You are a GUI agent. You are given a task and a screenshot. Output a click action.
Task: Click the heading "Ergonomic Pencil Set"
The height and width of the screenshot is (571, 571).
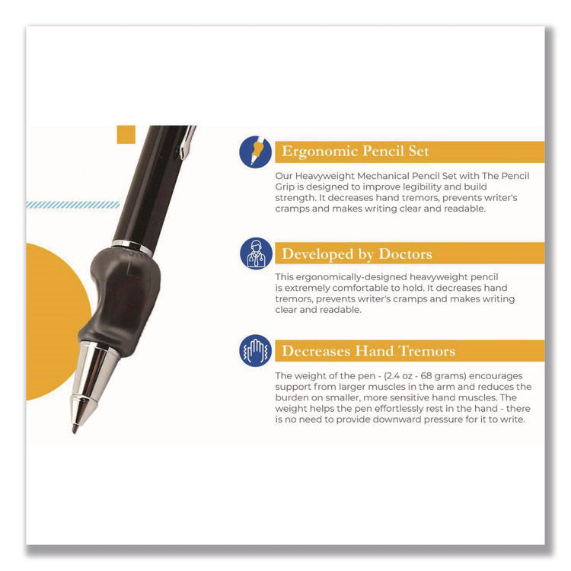(x=356, y=152)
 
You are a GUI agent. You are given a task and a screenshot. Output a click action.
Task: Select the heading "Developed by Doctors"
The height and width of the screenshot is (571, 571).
(x=358, y=254)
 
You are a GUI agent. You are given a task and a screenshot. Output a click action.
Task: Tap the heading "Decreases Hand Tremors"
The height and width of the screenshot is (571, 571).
(x=368, y=351)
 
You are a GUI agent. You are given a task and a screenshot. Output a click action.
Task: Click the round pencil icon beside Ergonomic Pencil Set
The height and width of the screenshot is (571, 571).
(x=255, y=152)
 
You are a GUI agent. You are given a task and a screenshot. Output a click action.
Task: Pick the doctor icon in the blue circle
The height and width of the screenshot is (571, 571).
(x=255, y=254)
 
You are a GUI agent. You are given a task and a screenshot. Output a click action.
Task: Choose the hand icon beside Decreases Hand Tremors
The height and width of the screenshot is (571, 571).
(x=255, y=351)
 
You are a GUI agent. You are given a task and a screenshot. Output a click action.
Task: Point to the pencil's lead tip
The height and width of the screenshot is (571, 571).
(x=75, y=428)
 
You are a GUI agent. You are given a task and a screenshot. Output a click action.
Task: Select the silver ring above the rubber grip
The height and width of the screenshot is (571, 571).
(x=132, y=247)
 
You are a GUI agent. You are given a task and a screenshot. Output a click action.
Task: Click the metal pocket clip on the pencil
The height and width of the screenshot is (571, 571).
(x=187, y=141)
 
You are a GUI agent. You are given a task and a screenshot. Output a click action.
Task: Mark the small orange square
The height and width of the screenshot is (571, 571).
(x=126, y=135)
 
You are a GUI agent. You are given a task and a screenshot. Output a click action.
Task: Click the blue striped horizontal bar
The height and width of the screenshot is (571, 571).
(x=72, y=205)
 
